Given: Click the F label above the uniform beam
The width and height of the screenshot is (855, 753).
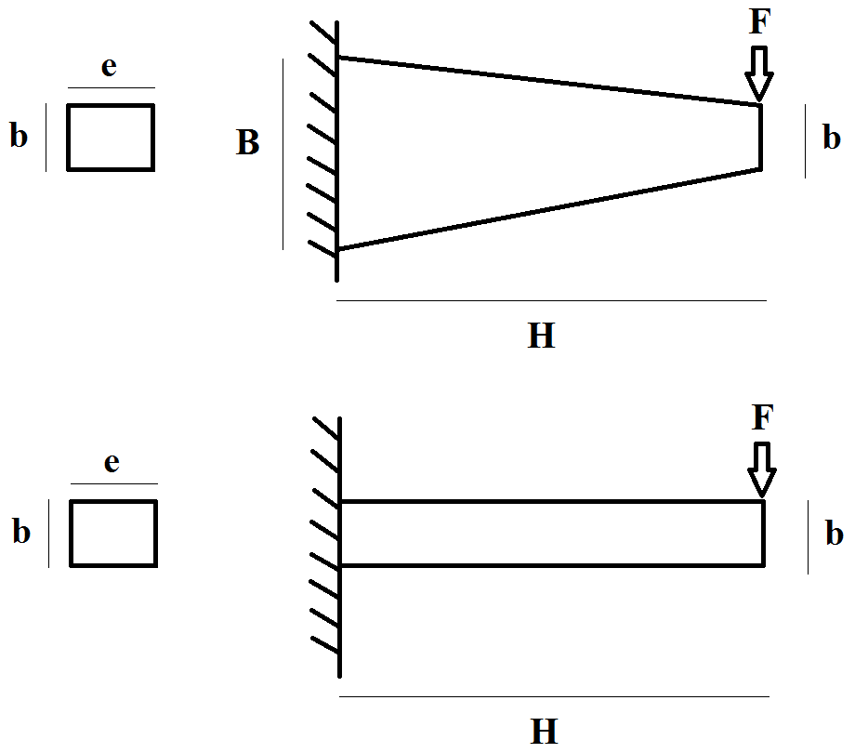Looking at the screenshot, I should [x=761, y=417].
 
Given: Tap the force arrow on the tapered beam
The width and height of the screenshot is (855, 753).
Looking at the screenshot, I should [x=759, y=74].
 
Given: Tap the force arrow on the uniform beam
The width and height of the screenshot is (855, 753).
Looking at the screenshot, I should [x=762, y=469].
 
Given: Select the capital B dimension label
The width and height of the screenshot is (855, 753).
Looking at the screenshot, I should [x=247, y=143].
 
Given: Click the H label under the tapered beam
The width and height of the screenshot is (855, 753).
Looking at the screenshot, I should [x=541, y=336].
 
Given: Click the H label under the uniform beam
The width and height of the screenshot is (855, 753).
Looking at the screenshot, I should [x=545, y=731].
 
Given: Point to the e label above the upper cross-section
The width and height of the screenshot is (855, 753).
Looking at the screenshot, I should [x=109, y=68].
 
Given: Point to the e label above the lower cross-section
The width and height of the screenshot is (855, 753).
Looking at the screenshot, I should [x=112, y=463].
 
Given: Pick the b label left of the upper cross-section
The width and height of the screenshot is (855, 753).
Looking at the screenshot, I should [x=19, y=137].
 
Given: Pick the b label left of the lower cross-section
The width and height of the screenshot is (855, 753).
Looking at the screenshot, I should [x=20, y=532].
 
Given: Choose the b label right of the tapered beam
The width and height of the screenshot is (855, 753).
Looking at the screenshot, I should [x=831, y=138].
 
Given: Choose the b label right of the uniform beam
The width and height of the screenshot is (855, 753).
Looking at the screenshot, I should [x=834, y=534].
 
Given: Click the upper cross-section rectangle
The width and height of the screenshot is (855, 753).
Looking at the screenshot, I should [x=110, y=138].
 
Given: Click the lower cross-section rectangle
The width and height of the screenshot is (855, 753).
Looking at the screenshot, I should [x=112, y=533].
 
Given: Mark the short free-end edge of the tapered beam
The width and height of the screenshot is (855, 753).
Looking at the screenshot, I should [x=761, y=137].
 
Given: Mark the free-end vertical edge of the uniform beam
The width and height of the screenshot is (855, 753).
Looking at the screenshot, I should [x=764, y=534].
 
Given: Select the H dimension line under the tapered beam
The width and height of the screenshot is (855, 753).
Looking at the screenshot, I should [x=551, y=301].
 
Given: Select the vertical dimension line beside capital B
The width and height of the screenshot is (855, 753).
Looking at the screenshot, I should [x=283, y=153].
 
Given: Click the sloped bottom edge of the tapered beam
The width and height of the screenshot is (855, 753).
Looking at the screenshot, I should [x=548, y=209].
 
